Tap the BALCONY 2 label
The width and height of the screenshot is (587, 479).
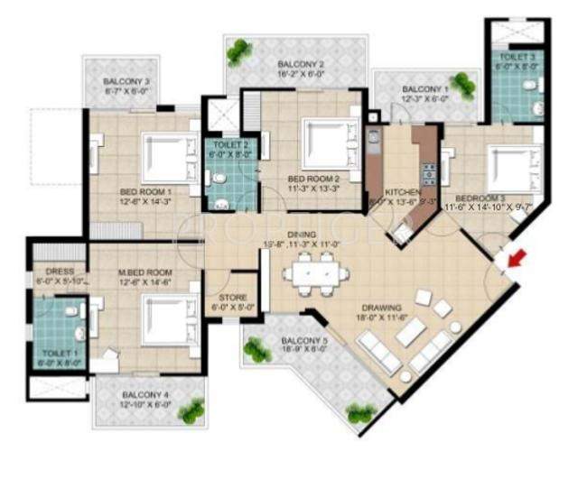point(301,64)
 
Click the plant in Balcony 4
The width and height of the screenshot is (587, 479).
point(191,411)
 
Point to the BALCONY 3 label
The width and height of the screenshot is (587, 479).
point(127,82)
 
